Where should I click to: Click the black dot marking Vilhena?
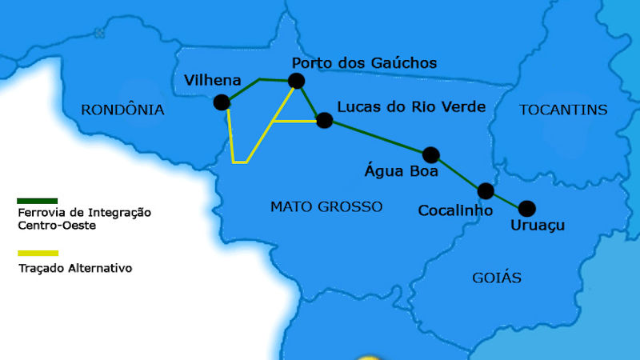point(222,102)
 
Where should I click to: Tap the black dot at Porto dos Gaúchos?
point(297,80)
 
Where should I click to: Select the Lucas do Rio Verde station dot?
point(324,121)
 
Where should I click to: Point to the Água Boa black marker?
point(431,154)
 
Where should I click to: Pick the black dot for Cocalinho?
point(486,191)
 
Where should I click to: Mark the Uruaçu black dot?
point(526,209)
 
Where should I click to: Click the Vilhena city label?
point(212,80)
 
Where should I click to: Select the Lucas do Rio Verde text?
point(411,107)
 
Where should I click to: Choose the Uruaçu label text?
point(537,226)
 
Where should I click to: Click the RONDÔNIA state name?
point(122,110)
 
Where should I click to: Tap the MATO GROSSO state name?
point(326,206)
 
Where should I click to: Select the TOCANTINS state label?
point(563,110)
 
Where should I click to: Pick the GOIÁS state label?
point(497,278)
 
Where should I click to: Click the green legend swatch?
point(38,201)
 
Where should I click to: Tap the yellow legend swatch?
point(38,253)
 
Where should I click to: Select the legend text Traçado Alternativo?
point(74,269)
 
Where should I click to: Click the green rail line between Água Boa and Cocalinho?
point(458,173)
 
